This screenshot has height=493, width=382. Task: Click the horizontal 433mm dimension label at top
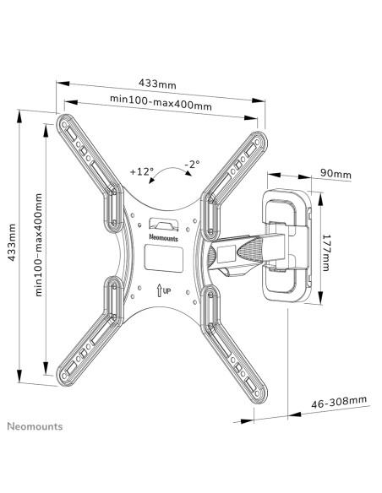click(157, 84)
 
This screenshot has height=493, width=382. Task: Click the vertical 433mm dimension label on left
click(12, 242)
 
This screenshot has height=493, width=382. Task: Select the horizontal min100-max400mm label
click(161, 102)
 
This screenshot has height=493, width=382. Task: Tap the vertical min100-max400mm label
click(38, 245)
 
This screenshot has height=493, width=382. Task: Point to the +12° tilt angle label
click(142, 171)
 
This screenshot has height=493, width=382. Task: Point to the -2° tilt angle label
click(192, 165)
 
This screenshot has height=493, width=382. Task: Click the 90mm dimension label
click(336, 173)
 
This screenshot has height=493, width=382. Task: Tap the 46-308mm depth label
click(339, 402)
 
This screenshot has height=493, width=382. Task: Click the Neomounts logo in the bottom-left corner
click(35, 426)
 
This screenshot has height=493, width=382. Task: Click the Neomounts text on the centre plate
click(163, 238)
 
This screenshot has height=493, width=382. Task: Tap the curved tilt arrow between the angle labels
click(170, 170)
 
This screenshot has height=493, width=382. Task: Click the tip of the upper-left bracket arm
click(63, 121)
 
